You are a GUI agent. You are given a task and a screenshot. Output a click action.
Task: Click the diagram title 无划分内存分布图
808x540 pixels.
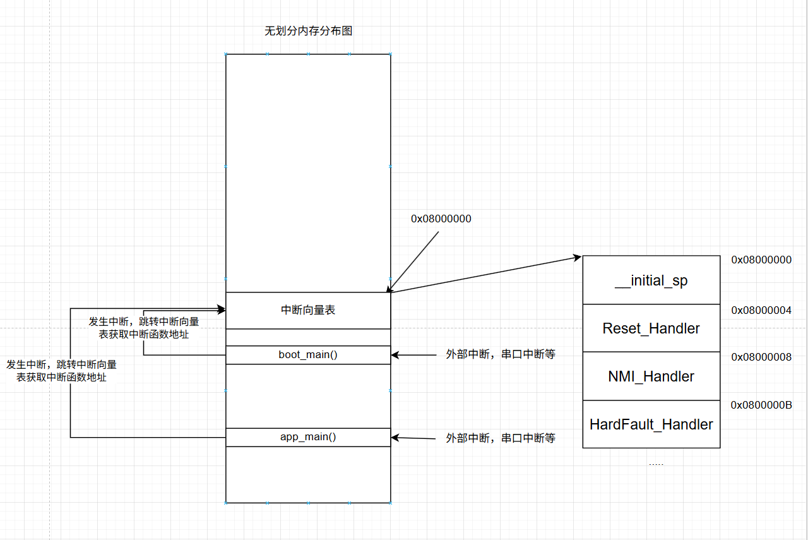click(x=308, y=31)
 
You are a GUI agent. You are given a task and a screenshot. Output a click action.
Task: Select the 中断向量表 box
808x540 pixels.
click(x=308, y=310)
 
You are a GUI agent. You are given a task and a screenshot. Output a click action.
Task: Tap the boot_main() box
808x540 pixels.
click(x=308, y=355)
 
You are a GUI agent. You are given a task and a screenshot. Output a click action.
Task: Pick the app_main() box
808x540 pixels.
click(x=308, y=437)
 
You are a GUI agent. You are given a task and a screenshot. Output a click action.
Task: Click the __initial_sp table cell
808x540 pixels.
click(x=651, y=280)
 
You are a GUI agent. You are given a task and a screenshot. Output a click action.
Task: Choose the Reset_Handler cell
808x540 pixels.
click(x=651, y=328)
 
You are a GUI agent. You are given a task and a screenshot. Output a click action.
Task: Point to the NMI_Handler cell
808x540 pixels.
click(x=651, y=376)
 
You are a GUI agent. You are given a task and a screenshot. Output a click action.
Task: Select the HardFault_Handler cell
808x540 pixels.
click(x=651, y=424)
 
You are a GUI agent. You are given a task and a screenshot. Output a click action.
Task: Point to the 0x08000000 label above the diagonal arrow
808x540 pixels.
click(x=441, y=219)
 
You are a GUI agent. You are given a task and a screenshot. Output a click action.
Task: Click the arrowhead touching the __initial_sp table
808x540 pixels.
click(x=577, y=257)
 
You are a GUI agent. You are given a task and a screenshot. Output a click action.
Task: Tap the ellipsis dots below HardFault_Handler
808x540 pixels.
click(x=656, y=464)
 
